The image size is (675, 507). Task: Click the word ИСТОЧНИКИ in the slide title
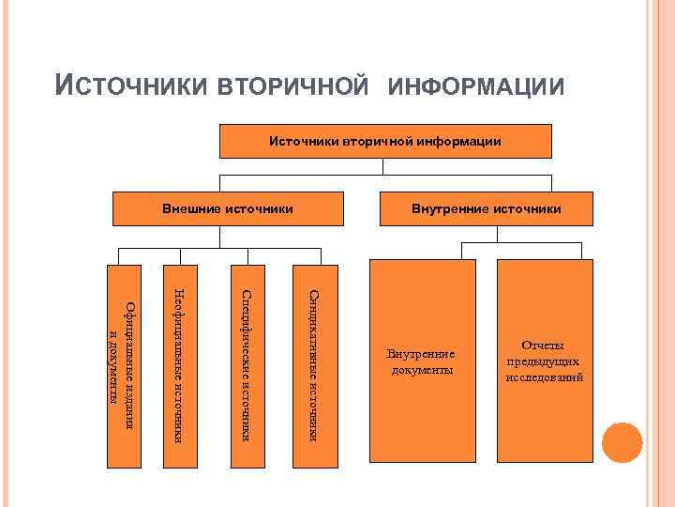pos(133,86)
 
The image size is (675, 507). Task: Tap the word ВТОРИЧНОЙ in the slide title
pos(292,86)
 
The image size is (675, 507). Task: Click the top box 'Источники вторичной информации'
pos(385,141)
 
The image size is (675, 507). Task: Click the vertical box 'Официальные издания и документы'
pos(123,362)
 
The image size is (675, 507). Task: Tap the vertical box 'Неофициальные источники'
pos(182,362)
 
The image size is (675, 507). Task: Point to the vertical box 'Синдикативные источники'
pos(310,362)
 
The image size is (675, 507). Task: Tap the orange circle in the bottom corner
pos(622,442)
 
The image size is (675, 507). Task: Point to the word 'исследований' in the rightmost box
pos(545,376)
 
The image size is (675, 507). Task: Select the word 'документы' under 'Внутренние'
pos(421,370)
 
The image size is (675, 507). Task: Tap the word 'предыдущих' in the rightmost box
pos(545,361)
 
